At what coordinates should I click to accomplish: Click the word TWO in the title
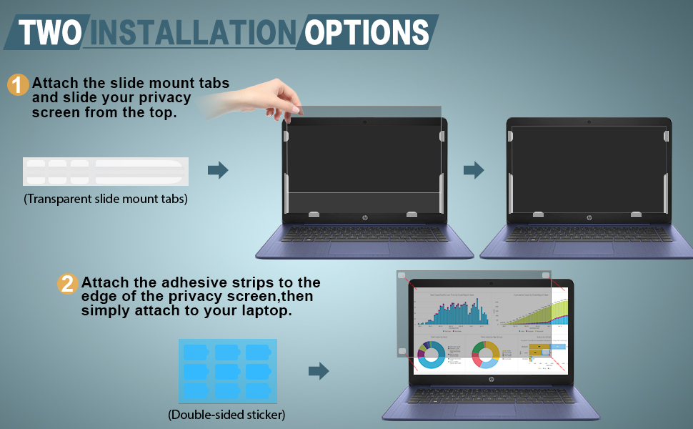pos(49,32)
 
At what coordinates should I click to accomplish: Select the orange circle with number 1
pos(18,85)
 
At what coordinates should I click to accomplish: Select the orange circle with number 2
pos(66,284)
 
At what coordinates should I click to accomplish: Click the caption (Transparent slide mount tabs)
pos(106,199)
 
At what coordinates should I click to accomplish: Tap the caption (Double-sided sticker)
pos(226,414)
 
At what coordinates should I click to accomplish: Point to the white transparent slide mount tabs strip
pos(105,172)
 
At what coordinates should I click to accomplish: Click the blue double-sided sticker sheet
pos(226,370)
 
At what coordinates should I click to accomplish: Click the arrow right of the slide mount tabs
pos(218,170)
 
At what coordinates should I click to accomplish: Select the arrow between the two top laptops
pos(474,170)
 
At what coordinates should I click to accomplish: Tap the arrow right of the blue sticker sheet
pos(319,371)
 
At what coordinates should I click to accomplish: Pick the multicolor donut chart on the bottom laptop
pos(486,352)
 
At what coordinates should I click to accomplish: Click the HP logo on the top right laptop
pos(589,217)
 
